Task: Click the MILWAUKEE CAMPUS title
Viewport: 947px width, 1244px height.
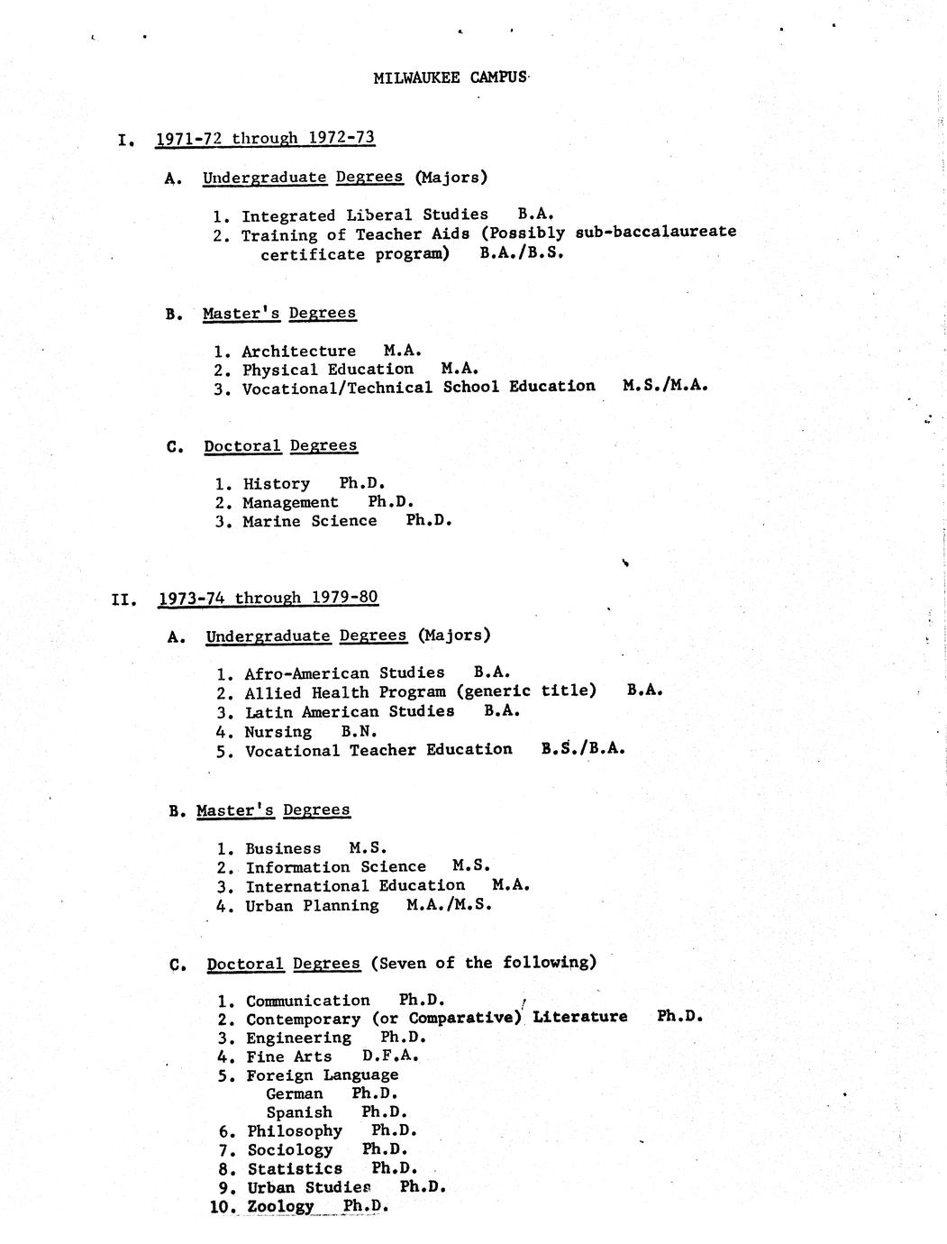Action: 450,78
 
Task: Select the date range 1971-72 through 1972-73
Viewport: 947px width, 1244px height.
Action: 265,138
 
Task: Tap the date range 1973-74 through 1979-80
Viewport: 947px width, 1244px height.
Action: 268,598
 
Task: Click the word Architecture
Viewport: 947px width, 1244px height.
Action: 298,351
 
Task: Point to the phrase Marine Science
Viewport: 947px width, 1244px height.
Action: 309,521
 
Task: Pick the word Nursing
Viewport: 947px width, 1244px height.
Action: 278,731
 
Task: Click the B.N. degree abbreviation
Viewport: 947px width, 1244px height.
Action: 359,731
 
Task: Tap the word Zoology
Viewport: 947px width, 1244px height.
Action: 281,1206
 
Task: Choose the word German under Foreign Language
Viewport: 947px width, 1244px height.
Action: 294,1093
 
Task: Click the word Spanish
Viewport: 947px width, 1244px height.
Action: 299,1112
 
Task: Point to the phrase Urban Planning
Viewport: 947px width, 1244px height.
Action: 312,905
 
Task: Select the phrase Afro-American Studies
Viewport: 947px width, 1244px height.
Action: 344,672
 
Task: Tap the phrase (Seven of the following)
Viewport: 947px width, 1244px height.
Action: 483,963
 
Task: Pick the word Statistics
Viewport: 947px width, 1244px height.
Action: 295,1168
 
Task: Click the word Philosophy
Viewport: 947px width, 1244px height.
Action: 295,1130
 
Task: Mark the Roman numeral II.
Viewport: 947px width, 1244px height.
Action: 123,599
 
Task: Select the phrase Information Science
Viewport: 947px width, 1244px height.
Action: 335,867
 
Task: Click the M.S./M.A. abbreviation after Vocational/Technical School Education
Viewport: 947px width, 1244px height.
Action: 664,386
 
